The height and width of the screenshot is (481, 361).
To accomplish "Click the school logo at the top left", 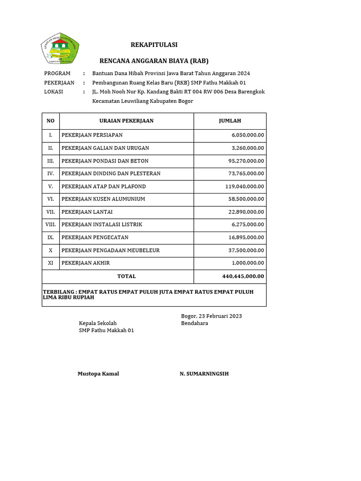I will [x=60, y=48].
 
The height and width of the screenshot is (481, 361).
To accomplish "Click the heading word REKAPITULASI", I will [x=154, y=45].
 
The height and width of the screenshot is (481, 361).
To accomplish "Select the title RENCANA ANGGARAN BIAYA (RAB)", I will [x=154, y=61].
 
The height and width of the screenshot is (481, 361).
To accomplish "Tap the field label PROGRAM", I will [x=57, y=73].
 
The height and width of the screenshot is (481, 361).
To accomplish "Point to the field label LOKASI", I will [x=54, y=92].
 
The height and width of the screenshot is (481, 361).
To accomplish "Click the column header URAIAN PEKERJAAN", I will [x=126, y=121].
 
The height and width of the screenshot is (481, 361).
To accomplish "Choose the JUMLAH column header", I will [x=230, y=121].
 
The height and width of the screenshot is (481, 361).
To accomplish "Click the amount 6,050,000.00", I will [x=248, y=135].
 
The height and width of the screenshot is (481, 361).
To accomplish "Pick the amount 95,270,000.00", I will [x=246, y=161].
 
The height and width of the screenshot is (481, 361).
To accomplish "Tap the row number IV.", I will [x=51, y=174].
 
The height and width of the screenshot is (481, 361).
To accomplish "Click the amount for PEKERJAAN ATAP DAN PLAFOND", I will [x=244, y=186].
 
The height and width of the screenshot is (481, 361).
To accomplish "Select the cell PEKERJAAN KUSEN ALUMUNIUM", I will [x=103, y=199].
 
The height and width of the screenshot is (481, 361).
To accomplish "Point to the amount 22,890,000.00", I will [x=246, y=212].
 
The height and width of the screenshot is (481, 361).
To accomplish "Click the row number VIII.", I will [x=51, y=225].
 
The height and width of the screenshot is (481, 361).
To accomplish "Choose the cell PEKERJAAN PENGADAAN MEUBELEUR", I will [x=110, y=250].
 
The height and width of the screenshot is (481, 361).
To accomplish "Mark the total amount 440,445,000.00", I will [x=243, y=277].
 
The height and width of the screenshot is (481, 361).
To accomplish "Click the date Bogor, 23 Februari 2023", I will [x=212, y=316].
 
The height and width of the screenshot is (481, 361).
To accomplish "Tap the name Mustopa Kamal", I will [x=98, y=374].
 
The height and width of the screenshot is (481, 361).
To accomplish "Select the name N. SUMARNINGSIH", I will [x=204, y=374].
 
